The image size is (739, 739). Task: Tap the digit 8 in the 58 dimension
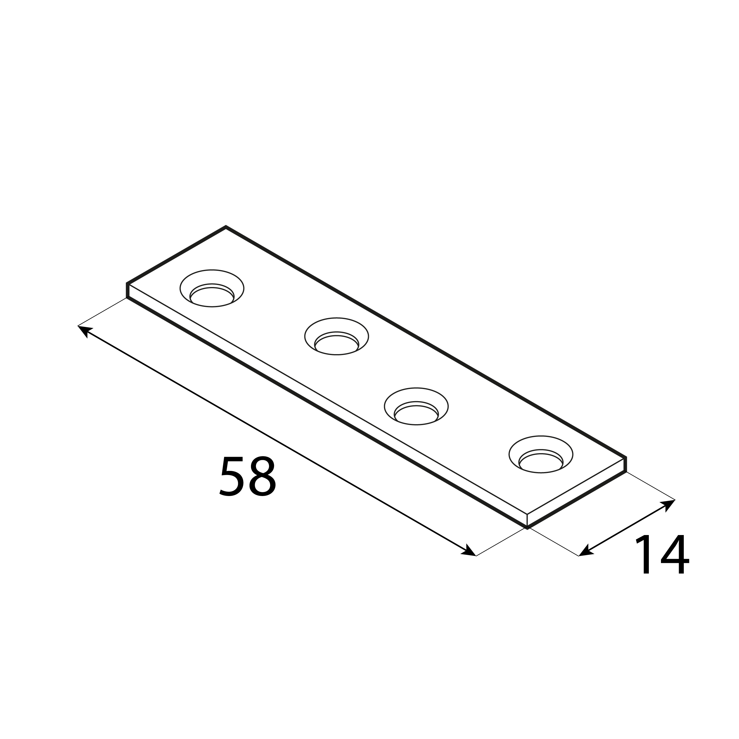pos(262,476)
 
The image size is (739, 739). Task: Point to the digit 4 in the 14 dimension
pos(675,559)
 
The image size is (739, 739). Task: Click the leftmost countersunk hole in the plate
pos(212,289)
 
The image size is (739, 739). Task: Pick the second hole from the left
pos(337,337)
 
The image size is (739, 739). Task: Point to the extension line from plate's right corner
pos(650,486)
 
